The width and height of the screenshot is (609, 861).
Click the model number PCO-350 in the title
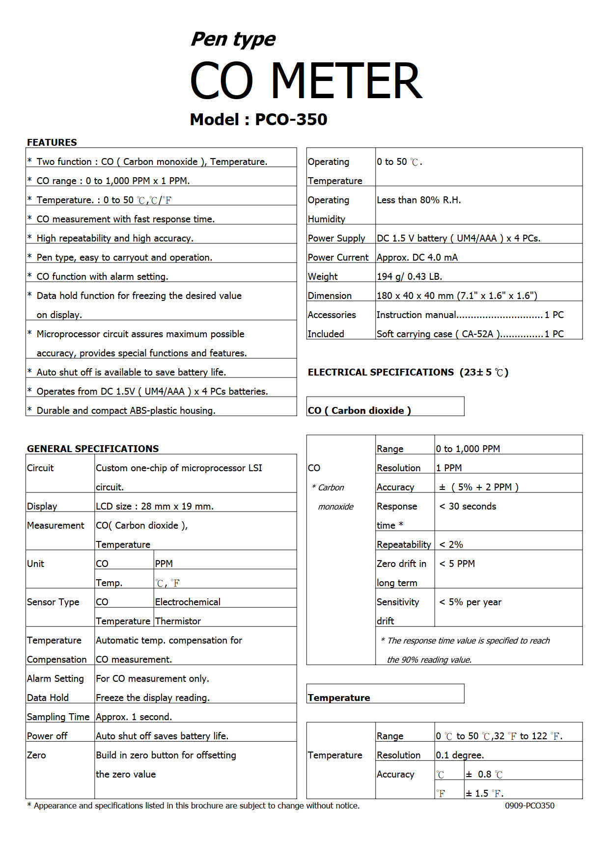[291, 119]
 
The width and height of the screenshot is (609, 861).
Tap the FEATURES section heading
[52, 142]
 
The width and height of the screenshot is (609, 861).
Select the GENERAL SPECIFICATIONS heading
[93, 449]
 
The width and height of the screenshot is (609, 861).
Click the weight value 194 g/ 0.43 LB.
[409, 276]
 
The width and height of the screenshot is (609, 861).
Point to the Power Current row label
[338, 257]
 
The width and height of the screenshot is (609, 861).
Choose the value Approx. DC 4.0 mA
[417, 257]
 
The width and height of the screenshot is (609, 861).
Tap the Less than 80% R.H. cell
[418, 200]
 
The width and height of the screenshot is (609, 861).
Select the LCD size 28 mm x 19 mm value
[155, 506]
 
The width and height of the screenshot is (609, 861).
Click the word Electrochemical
[188, 602]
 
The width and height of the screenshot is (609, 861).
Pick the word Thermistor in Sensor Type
[178, 621]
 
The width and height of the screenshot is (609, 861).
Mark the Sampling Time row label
[58, 717]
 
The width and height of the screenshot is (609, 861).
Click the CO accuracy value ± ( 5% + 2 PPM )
[479, 487]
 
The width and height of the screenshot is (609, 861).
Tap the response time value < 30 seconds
[468, 506]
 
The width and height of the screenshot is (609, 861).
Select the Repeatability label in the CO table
[404, 544]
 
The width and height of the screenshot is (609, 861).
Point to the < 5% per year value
[470, 602]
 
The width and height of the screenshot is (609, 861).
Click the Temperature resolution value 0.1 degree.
[460, 755]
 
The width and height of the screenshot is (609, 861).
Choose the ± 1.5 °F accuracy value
[484, 793]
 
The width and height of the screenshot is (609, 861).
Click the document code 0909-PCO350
[529, 806]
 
